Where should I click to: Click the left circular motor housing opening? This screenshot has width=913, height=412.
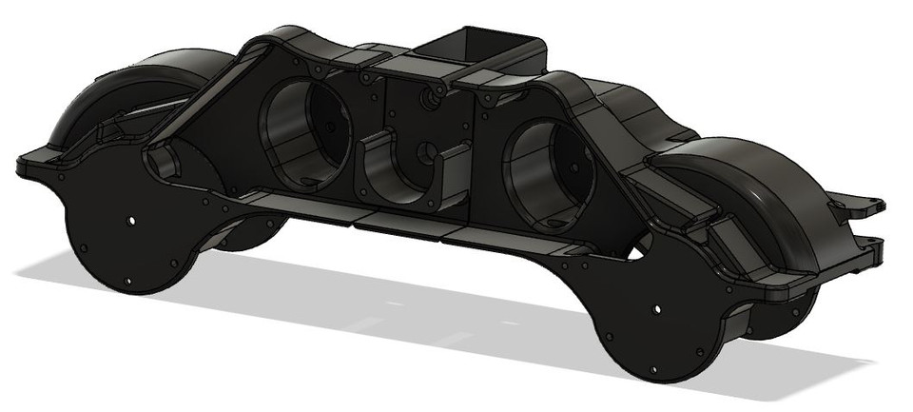[x=302, y=132]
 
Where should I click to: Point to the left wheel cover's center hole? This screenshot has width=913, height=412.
[x=130, y=220]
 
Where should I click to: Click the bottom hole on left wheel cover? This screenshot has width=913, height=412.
[x=126, y=280]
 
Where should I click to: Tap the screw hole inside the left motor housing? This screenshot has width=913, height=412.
[x=329, y=126]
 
